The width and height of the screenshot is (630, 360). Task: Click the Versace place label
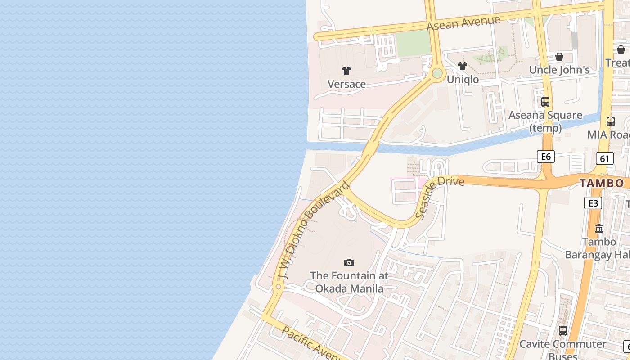(x=346, y=84)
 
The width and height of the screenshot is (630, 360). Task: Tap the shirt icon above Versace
(x=346, y=71)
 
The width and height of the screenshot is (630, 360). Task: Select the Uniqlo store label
(x=463, y=80)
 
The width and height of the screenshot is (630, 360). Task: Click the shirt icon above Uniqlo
(x=463, y=66)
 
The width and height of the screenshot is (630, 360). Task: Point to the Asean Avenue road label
(x=463, y=23)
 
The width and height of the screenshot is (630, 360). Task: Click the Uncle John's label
(x=559, y=70)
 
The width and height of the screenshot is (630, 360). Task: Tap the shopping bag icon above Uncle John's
(x=559, y=57)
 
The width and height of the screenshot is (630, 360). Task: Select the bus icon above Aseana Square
(x=545, y=102)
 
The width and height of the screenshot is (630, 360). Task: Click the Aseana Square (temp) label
(x=545, y=121)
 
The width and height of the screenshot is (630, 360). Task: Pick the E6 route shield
(x=546, y=157)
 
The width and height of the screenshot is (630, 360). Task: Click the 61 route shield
(x=604, y=158)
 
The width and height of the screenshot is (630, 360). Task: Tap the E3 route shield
(x=593, y=203)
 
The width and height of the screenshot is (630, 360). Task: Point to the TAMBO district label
(x=602, y=183)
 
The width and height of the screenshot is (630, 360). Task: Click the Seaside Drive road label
(x=440, y=198)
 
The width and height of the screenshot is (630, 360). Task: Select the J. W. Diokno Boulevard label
(x=313, y=231)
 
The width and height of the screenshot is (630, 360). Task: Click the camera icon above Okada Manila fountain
(x=349, y=262)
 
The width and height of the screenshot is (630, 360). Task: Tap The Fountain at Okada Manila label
(x=349, y=282)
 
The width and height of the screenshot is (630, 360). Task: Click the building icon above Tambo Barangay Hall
(x=599, y=229)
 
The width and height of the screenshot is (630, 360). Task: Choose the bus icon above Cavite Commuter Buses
(x=563, y=331)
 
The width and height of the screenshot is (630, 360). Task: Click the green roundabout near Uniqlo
(x=437, y=73)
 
